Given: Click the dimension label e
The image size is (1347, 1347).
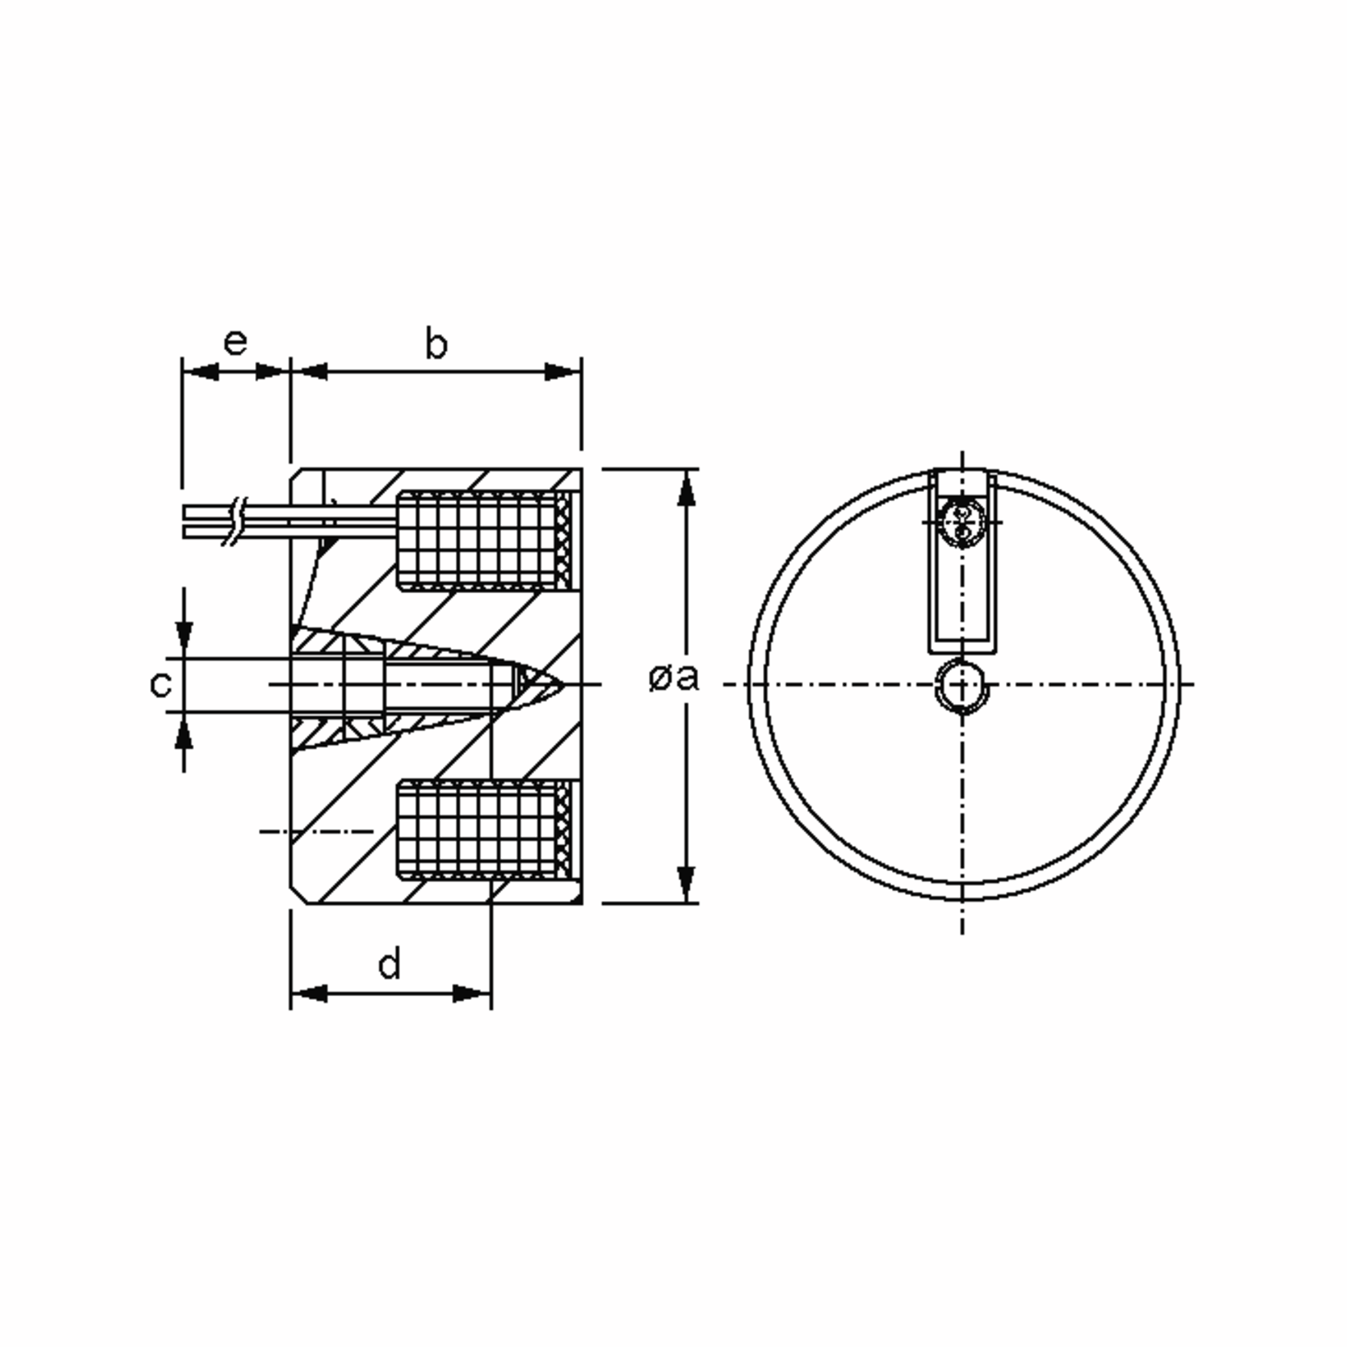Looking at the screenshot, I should [235, 342].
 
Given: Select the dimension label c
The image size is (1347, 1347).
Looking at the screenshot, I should [161, 684].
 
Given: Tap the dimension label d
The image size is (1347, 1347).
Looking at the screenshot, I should [390, 965].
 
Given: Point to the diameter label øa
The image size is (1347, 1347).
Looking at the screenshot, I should [672, 677].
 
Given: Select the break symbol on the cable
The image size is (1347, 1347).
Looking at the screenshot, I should [236, 521].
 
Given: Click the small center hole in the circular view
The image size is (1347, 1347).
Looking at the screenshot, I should [962, 685].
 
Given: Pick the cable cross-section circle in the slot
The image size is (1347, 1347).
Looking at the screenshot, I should [962, 522].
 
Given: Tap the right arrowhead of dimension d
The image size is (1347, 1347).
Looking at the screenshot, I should [472, 993].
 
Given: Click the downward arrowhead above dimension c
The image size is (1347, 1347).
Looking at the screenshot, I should [184, 638].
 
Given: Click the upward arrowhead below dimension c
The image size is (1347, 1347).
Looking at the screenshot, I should [184, 732].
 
